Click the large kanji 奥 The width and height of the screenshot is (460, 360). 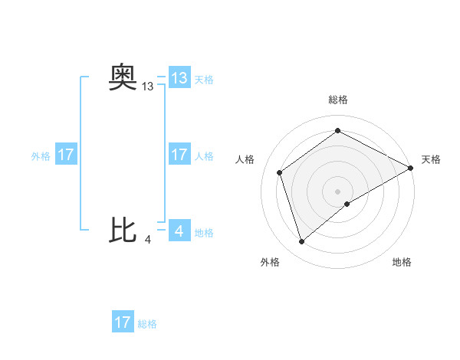[x=123, y=78]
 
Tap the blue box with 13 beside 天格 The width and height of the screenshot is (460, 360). [x=179, y=78]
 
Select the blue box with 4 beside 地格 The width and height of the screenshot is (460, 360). [x=179, y=231]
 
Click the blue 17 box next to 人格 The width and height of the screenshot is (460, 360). [x=179, y=155]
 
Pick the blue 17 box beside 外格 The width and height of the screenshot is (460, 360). [x=66, y=155]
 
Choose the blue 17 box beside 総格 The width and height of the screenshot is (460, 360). [x=123, y=322]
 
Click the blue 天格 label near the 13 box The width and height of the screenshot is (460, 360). [x=204, y=80]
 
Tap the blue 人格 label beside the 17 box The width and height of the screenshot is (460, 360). [x=204, y=156]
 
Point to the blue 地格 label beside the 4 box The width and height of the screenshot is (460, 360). [x=204, y=233]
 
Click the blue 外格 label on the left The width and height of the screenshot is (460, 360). [x=41, y=156]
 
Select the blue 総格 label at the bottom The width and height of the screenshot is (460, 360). [x=147, y=324]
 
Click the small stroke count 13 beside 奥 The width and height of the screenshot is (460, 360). [x=148, y=87]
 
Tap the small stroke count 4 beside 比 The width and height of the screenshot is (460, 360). [x=147, y=240]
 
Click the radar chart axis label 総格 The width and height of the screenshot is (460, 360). [x=337, y=100]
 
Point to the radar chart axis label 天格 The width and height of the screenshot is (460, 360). [x=431, y=159]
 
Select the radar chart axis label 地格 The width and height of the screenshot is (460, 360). [x=402, y=262]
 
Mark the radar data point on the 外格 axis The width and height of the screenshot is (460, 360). [x=301, y=242]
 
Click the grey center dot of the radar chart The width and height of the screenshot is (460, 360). [x=337, y=191]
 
